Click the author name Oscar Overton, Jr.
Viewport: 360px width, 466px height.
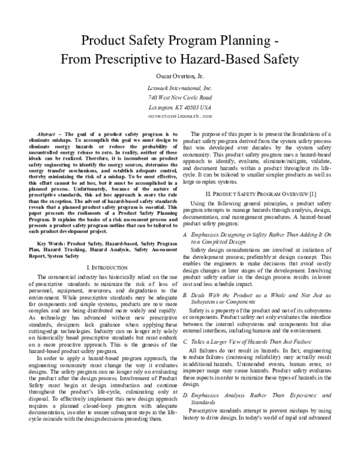click(179, 76)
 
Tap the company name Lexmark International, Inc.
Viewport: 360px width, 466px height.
click(179, 88)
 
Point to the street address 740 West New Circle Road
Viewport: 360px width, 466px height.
click(179, 97)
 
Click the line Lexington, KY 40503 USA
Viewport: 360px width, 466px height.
click(179, 106)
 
